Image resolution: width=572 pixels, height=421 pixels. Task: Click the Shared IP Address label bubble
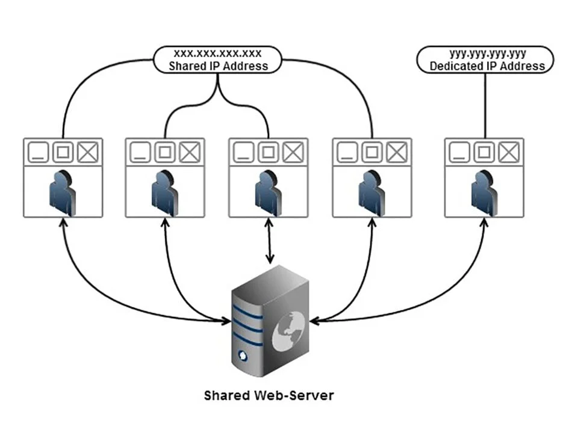pyautogui.click(x=217, y=60)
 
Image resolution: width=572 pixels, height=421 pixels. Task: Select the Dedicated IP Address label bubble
pyautogui.click(x=485, y=60)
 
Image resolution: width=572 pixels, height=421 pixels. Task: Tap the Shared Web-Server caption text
pyautogui.click(x=269, y=396)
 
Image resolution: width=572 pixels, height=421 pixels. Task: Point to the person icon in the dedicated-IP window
pyautogui.click(x=484, y=192)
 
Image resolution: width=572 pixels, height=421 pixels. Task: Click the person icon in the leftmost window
pyautogui.click(x=63, y=192)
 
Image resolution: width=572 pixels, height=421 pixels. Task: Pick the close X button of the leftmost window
pyautogui.click(x=88, y=153)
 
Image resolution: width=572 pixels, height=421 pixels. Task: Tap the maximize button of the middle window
pyautogui.click(x=269, y=153)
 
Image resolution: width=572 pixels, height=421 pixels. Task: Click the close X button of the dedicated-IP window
pyautogui.click(x=509, y=153)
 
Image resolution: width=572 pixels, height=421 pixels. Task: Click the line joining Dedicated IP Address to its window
pyautogui.click(x=485, y=105)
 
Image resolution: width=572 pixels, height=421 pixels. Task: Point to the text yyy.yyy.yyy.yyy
pyautogui.click(x=485, y=54)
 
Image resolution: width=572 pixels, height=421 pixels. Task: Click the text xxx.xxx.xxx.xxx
pyautogui.click(x=217, y=54)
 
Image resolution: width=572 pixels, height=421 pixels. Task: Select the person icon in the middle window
pyautogui.click(x=269, y=192)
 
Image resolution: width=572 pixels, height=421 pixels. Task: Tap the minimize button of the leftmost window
pyautogui.click(x=38, y=153)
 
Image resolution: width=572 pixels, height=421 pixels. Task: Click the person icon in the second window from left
pyautogui.click(x=166, y=192)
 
